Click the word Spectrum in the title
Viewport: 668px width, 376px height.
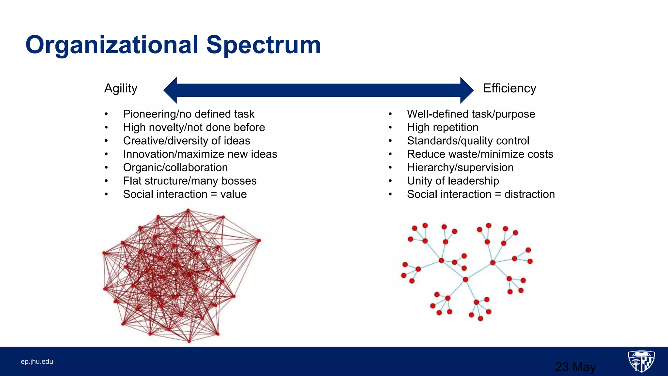point(264,45)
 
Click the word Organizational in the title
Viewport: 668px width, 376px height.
point(112,45)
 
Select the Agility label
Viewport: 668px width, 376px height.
point(121,88)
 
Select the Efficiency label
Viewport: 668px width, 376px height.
point(509,88)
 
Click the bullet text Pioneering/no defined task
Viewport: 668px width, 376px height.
point(189,114)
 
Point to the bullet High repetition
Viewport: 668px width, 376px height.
point(443,127)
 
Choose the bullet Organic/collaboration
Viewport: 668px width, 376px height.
point(175,167)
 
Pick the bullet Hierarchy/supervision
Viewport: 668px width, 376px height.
point(460,167)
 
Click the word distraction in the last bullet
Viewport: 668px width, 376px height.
point(529,194)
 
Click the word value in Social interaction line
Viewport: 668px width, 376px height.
point(233,194)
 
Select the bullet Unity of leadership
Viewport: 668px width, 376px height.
point(453,181)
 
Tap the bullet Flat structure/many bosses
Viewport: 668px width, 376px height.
point(190,181)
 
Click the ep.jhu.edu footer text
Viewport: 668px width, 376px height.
point(37,362)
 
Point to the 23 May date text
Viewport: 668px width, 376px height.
point(575,367)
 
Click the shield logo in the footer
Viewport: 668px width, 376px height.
point(641,361)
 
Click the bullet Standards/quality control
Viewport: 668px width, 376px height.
point(468,141)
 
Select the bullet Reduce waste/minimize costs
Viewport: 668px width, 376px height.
point(480,154)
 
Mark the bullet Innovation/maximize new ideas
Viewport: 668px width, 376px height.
point(200,154)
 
